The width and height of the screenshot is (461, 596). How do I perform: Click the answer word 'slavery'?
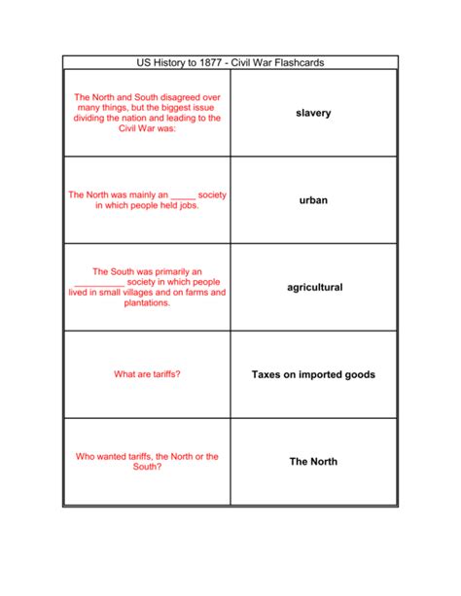(313, 114)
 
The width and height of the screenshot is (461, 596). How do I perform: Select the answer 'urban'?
(313, 200)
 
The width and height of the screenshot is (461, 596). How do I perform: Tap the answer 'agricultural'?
(314, 288)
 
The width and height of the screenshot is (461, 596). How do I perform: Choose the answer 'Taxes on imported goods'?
(313, 374)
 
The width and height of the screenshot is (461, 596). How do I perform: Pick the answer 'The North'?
(313, 462)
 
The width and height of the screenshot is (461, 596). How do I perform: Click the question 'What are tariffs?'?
(147, 374)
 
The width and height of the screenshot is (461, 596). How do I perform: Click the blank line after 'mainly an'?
(176, 195)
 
